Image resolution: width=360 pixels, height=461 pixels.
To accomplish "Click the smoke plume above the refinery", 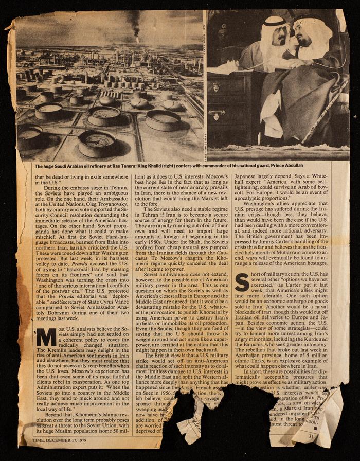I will (x=135, y=23).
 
